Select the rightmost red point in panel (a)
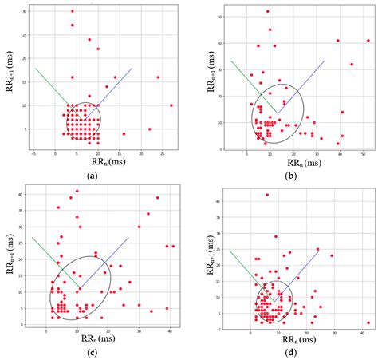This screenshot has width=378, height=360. point(171,105)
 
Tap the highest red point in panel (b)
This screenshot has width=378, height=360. point(267,11)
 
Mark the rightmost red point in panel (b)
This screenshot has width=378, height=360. point(368,40)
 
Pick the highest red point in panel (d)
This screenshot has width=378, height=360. point(267,195)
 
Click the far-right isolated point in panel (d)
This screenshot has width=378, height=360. point(368,323)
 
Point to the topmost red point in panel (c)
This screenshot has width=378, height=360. point(77,191)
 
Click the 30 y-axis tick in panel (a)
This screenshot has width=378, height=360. point(26,11)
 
